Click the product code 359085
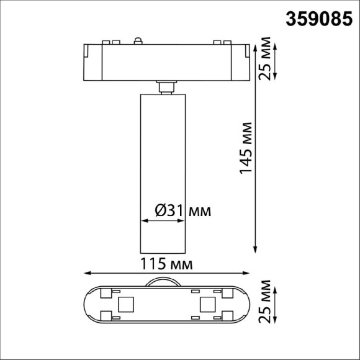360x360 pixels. (x=322, y=19)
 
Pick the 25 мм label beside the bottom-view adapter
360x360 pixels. (x=266, y=304)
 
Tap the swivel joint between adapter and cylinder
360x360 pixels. (x=165, y=88)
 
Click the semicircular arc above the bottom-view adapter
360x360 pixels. (x=165, y=281)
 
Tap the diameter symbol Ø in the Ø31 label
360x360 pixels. (x=157, y=211)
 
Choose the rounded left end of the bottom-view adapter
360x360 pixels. (x=89, y=305)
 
